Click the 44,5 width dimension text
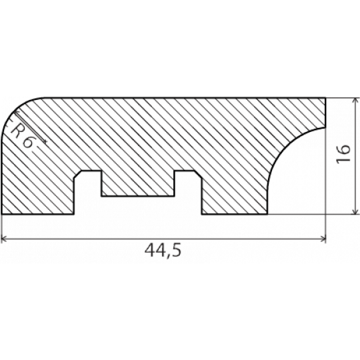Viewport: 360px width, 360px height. click(163, 251)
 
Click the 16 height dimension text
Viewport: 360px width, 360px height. click(343, 154)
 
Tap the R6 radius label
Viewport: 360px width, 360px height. click(22, 137)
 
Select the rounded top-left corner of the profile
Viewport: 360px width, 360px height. click(14, 111)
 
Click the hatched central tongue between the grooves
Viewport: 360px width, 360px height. click(138, 184)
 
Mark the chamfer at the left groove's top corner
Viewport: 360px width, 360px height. click(77, 174)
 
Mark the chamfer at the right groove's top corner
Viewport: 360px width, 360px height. click(198, 174)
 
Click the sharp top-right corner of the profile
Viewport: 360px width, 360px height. click(325, 98)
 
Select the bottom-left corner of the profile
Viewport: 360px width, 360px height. click(2, 214)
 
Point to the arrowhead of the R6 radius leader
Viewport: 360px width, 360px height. click(45, 141)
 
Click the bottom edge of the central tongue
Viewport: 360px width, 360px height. click(138, 196)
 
